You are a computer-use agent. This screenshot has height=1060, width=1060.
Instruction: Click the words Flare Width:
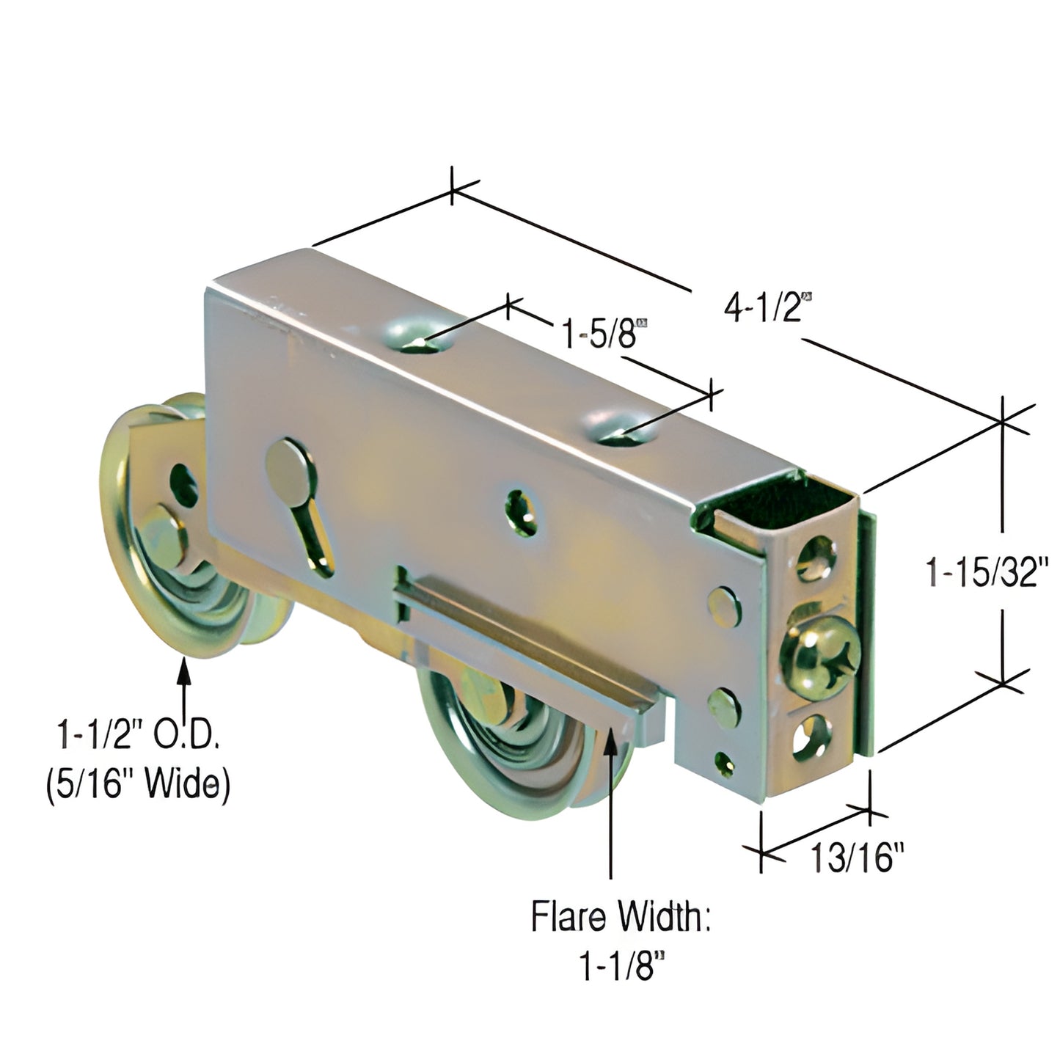[621, 918]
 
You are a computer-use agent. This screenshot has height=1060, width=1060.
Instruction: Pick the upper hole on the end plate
[816, 558]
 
